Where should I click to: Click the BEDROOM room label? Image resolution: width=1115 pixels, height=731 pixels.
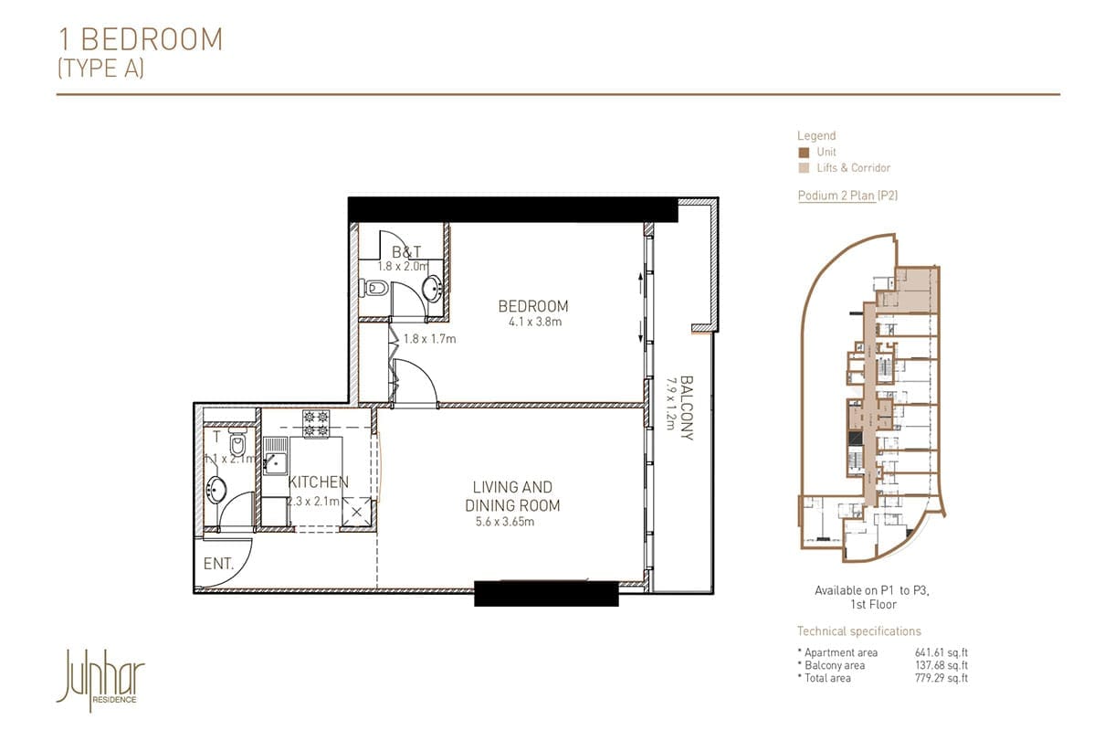pyautogui.click(x=532, y=306)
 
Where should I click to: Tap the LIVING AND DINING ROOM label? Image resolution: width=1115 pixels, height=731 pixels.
pyautogui.click(x=512, y=496)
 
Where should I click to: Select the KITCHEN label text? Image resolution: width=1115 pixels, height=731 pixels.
pyautogui.click(x=318, y=482)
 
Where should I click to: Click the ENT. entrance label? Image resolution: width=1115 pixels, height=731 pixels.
pyautogui.click(x=219, y=565)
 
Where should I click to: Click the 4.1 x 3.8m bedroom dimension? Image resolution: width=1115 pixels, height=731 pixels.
pyautogui.click(x=533, y=322)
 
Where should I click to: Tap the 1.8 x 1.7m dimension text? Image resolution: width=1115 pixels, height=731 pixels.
pyautogui.click(x=429, y=339)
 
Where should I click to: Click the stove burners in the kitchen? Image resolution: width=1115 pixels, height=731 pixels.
pyautogui.click(x=315, y=422)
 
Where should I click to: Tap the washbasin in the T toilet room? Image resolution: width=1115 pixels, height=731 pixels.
pyautogui.click(x=217, y=490)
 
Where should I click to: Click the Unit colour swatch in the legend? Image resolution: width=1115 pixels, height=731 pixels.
pyautogui.click(x=803, y=153)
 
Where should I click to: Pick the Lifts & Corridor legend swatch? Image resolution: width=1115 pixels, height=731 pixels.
pyautogui.click(x=803, y=168)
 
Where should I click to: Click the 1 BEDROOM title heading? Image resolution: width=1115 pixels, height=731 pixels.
pyautogui.click(x=141, y=39)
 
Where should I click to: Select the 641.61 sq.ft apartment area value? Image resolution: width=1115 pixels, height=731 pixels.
pyautogui.click(x=941, y=652)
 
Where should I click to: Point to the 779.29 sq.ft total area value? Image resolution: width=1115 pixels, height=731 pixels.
pyautogui.click(x=941, y=678)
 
